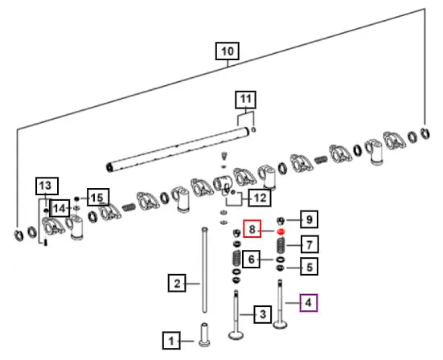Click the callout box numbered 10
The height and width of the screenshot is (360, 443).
[228, 51]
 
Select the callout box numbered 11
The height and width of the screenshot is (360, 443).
[245, 100]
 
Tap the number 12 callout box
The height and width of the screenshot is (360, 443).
[260, 198]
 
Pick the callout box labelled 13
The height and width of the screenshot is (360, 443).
[47, 186]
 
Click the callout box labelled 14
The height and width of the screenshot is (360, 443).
[59, 208]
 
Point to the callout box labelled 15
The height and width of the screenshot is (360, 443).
[98, 198]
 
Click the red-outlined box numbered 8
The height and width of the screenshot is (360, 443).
[252, 228]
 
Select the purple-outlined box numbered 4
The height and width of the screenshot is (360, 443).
[309, 303]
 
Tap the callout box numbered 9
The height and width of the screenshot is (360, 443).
[309, 219]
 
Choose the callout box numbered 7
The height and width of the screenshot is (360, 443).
[310, 244]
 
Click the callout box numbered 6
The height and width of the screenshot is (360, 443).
[252, 260]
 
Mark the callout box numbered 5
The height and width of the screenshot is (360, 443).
[310, 267]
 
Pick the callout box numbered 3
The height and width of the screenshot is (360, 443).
[263, 314]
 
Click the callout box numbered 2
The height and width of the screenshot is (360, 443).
[177, 283]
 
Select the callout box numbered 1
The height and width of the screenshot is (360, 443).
[171, 341]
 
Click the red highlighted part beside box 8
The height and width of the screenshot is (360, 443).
[281, 231]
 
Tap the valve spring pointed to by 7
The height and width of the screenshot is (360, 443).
[281, 246]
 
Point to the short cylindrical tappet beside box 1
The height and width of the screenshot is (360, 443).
[204, 335]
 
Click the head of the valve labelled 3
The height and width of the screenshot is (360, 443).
[236, 335]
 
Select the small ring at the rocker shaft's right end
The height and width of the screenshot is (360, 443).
[253, 129]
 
